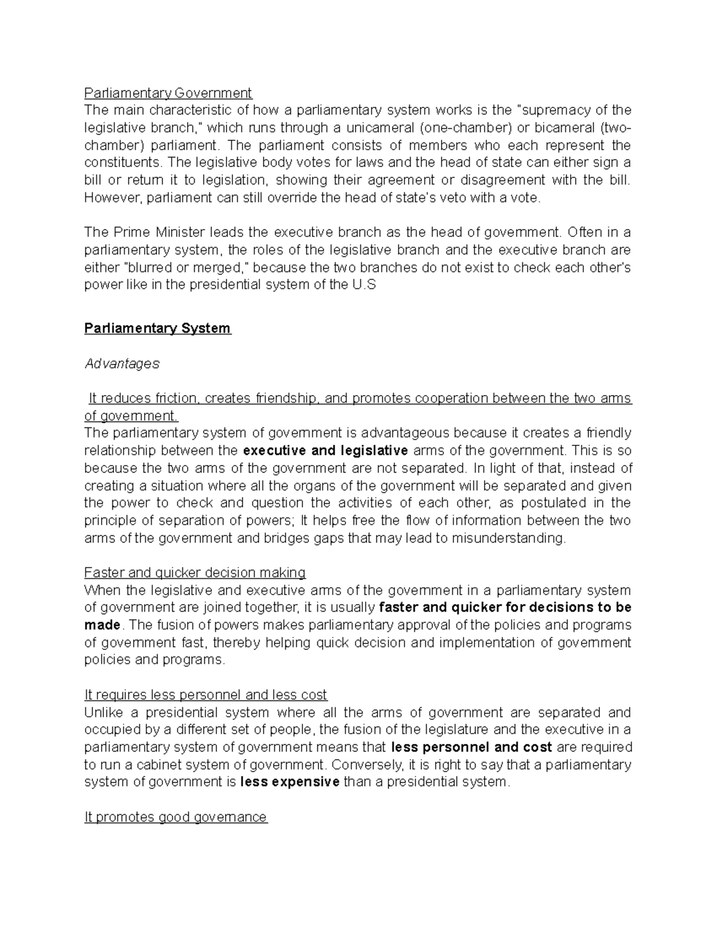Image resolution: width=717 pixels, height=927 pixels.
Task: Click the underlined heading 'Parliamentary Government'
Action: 168,93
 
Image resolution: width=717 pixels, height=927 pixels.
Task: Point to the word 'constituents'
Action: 122,163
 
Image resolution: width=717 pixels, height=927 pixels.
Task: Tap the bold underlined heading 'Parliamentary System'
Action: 158,329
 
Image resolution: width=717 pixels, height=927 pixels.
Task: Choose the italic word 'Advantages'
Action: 122,364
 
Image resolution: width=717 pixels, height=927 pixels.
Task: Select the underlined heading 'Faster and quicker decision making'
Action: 195,573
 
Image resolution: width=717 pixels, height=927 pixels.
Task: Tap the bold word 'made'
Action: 102,626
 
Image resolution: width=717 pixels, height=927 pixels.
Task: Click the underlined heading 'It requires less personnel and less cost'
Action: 206,695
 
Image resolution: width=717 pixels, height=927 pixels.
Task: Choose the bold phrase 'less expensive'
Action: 290,783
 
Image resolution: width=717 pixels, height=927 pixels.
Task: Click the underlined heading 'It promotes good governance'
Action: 176,818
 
